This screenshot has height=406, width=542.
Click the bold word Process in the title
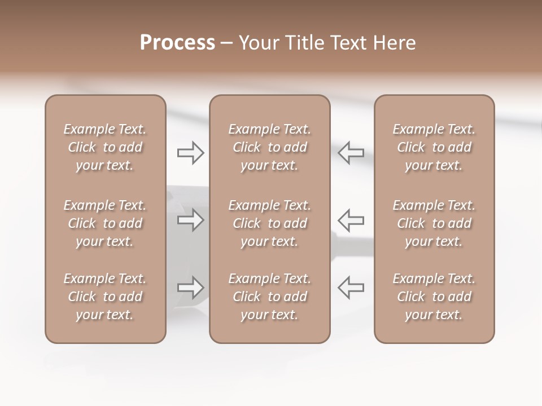point(177,43)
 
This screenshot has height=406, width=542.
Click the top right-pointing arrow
point(190,153)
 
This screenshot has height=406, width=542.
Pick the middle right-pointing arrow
point(190,219)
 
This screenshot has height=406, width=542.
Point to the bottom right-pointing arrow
point(190,288)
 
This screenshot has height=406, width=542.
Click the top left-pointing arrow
point(351,153)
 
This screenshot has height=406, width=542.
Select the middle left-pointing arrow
point(351,219)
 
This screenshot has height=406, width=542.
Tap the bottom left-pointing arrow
point(351,288)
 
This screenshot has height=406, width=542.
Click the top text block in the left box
point(105,147)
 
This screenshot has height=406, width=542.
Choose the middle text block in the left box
point(105,223)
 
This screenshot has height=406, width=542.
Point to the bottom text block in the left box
point(105,297)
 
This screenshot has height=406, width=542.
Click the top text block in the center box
point(269,147)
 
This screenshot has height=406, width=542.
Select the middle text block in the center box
point(269,223)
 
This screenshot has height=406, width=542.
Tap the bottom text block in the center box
point(269,297)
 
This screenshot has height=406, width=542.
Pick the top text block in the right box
point(434,147)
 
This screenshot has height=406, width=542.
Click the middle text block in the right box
point(434,223)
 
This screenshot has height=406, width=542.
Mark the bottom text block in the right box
point(434,297)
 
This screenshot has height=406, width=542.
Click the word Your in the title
point(258,43)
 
